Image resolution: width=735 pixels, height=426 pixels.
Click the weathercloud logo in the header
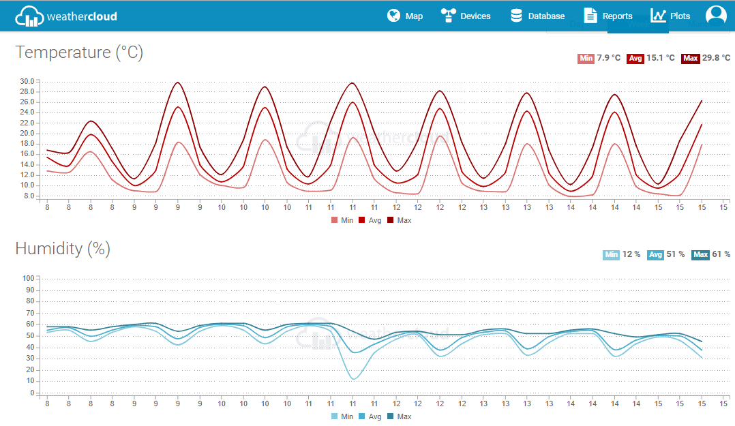tap(65, 16)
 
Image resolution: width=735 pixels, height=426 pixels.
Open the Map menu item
tap(405, 16)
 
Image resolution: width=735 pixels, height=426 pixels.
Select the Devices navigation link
tap(466, 16)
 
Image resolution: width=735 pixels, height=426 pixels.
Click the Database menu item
tap(537, 16)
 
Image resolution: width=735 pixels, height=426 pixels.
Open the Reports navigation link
tap(608, 16)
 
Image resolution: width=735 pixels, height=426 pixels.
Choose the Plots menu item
tap(670, 16)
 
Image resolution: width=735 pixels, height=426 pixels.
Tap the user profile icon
tap(716, 15)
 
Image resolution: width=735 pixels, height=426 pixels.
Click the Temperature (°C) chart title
tap(79, 52)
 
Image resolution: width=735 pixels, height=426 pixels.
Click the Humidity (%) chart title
tap(63, 249)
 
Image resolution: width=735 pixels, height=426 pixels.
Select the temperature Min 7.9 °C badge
tap(599, 58)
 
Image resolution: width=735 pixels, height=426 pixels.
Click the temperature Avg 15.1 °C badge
tap(651, 58)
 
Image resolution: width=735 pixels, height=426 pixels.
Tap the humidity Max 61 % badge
tap(710, 254)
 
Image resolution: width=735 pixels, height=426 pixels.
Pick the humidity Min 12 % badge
tap(621, 254)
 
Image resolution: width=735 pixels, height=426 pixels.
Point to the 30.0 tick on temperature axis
tap(27, 82)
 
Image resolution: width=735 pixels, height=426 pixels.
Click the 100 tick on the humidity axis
tap(28, 278)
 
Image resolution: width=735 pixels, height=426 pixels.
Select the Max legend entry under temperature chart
tap(400, 220)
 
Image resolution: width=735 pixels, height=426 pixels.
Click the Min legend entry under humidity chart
tap(342, 416)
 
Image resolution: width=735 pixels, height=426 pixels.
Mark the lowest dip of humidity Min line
tap(352, 378)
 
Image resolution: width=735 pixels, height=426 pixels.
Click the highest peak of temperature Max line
tap(178, 82)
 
